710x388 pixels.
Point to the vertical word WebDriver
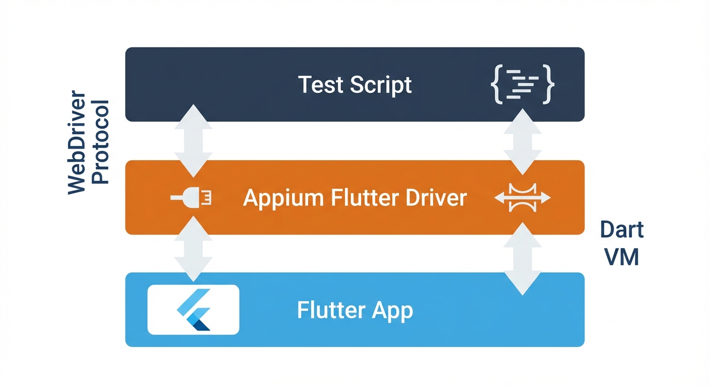click(x=77, y=143)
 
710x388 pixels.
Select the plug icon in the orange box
click(x=192, y=198)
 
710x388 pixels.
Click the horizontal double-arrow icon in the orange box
click(x=522, y=198)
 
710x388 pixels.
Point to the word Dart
click(x=622, y=230)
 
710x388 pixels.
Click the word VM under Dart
click(x=622, y=257)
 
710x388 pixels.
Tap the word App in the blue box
click(x=392, y=310)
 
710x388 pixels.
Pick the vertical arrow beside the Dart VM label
click(x=522, y=258)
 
